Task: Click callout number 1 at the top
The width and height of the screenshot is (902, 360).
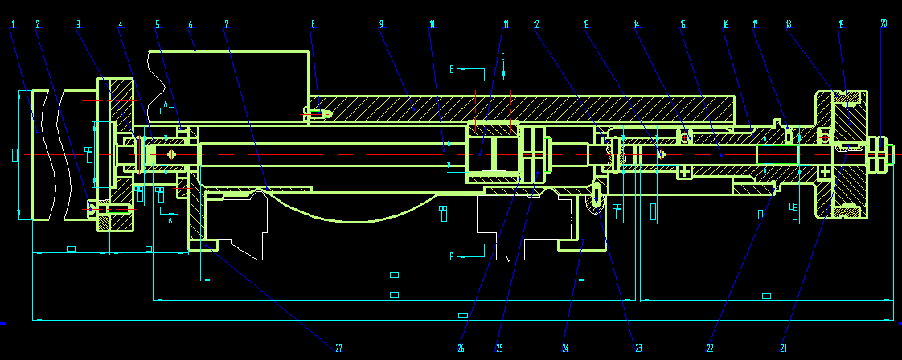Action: pyautogui.click(x=13, y=24)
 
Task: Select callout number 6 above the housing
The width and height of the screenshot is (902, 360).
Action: pyautogui.click(x=191, y=24)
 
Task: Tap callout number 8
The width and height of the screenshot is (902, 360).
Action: pyautogui.click(x=313, y=24)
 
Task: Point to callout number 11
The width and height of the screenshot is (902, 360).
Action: pyautogui.click(x=506, y=24)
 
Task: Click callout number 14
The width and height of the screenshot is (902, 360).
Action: pyautogui.click(x=637, y=24)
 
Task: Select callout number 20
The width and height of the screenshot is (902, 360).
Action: pyautogui.click(x=884, y=24)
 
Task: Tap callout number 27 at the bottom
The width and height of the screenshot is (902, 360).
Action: pyautogui.click(x=338, y=348)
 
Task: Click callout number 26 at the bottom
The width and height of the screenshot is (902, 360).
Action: pyautogui.click(x=461, y=348)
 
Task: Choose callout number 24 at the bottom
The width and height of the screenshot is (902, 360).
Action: pyautogui.click(x=565, y=348)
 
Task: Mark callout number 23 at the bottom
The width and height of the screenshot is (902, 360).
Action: pyautogui.click(x=638, y=348)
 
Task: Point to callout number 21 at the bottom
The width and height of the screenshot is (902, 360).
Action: pyautogui.click(x=783, y=348)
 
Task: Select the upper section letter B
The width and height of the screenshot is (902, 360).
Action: pyautogui.click(x=453, y=70)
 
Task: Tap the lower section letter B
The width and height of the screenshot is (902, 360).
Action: pyautogui.click(x=453, y=256)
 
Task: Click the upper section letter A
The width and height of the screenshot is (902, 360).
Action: pyautogui.click(x=165, y=104)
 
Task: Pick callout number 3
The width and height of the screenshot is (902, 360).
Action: pyautogui.click(x=78, y=24)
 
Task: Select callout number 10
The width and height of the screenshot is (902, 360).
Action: pyautogui.click(x=432, y=24)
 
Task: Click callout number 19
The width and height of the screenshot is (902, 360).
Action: pyautogui.click(x=842, y=24)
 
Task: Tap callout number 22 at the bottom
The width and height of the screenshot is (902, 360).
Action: pyautogui.click(x=710, y=348)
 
